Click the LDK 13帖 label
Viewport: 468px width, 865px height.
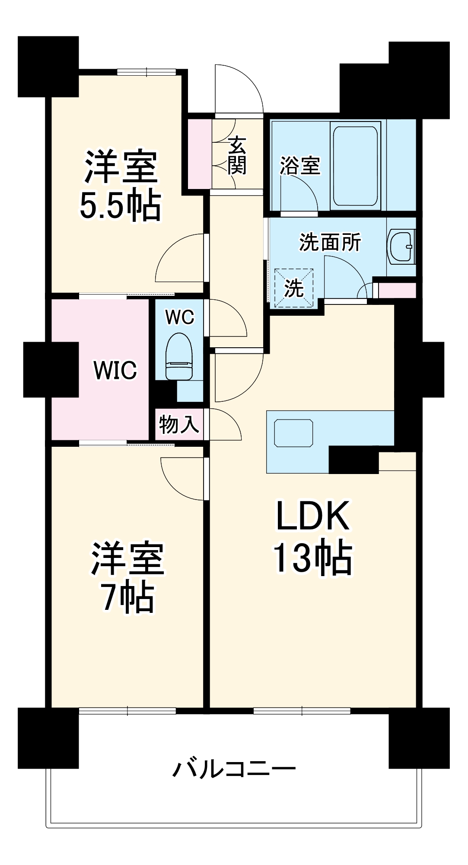(x=312, y=538)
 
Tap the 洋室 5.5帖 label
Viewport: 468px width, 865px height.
(x=121, y=185)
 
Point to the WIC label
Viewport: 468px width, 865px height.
(x=115, y=370)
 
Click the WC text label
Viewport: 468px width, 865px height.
(x=180, y=317)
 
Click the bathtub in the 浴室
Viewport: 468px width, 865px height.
(x=355, y=166)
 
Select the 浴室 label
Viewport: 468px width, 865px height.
(x=300, y=166)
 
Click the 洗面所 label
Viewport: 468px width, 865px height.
(x=330, y=242)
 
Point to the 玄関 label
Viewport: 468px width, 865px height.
(x=237, y=155)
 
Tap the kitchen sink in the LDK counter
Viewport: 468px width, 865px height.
(x=293, y=433)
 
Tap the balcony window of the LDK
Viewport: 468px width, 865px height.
(x=302, y=711)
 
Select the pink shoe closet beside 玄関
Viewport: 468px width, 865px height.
(x=200, y=154)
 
